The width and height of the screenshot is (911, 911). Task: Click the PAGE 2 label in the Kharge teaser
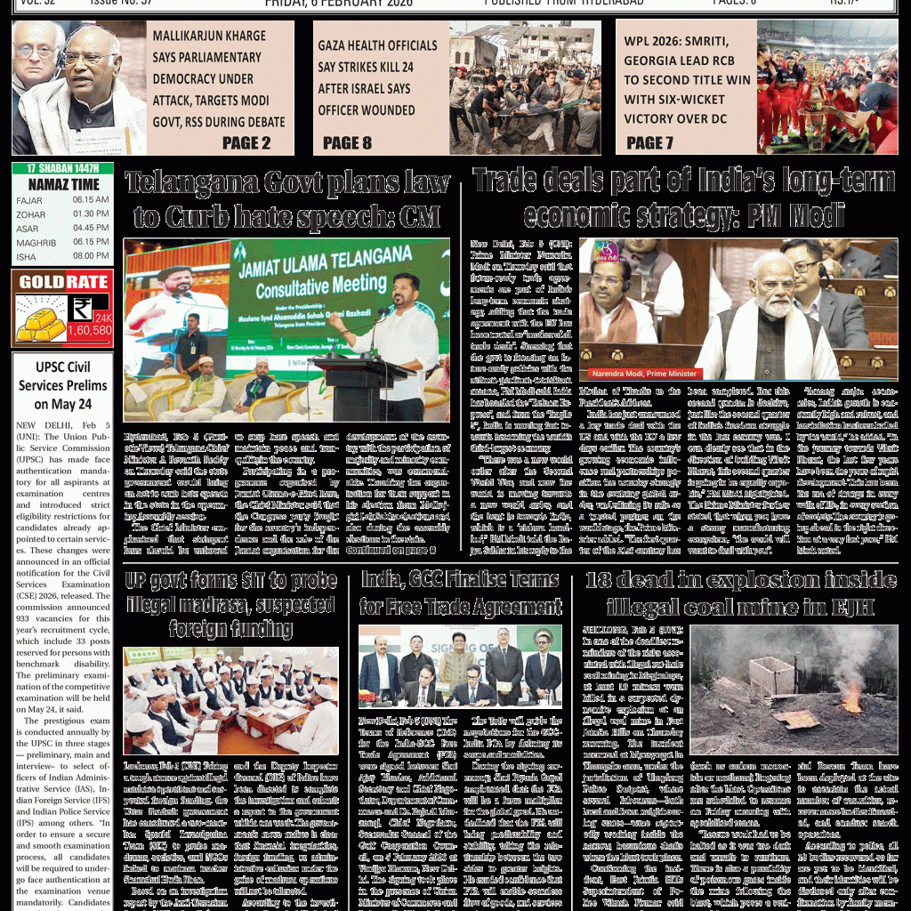point(246,142)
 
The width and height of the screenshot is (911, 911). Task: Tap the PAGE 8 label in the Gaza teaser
point(347,142)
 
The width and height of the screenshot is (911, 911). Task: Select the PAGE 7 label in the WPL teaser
point(651,142)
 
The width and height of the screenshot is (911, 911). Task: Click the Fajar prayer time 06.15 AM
point(91,200)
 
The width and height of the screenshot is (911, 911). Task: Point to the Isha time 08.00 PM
point(91,256)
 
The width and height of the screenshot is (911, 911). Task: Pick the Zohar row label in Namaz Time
point(30,214)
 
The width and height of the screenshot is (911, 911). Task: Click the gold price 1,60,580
point(90,331)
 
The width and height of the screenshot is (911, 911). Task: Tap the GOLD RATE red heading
point(63,283)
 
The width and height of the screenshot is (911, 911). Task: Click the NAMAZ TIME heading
point(62,183)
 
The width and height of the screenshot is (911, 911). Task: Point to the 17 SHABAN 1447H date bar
point(62,168)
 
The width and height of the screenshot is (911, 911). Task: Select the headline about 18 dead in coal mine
point(740,594)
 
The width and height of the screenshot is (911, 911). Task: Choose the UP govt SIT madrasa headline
point(230,605)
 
